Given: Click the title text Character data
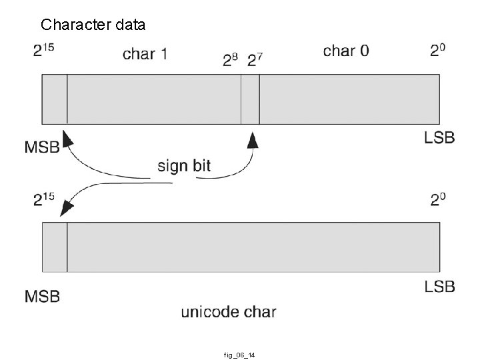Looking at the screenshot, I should pyautogui.click(x=93, y=25).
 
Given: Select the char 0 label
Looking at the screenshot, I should pyautogui.click(x=345, y=51).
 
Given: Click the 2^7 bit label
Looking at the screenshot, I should pyautogui.click(x=255, y=61).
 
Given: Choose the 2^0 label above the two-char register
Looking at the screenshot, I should pyautogui.click(x=438, y=51).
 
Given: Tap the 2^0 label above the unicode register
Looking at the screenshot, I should pyautogui.click(x=438, y=199).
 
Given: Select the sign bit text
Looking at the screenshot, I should pyautogui.click(x=184, y=165).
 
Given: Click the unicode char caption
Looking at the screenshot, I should pyautogui.click(x=228, y=311).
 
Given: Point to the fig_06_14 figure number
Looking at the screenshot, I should pyautogui.click(x=239, y=355).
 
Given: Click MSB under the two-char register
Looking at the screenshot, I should pyautogui.click(x=42, y=148).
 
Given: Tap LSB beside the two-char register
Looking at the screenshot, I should pyautogui.click(x=439, y=138).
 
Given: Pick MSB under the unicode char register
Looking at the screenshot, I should pyautogui.click(x=42, y=295).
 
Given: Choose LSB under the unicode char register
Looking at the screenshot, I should pyautogui.click(x=439, y=286).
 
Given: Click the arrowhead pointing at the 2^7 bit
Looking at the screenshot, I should pyautogui.click(x=253, y=139).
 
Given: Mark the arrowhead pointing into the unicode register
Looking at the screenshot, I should pyautogui.click(x=66, y=209).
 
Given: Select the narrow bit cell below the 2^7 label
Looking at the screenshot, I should pyautogui.click(x=250, y=99).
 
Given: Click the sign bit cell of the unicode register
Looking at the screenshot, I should pyautogui.click(x=55, y=247).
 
